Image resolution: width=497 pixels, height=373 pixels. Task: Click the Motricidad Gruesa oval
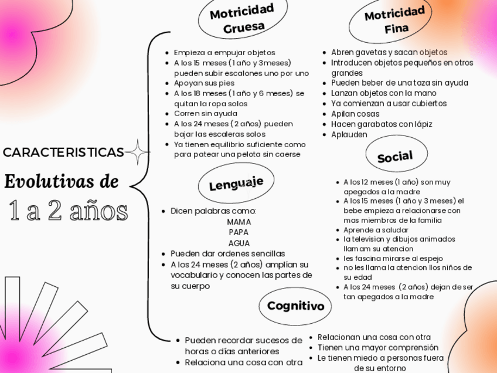241,18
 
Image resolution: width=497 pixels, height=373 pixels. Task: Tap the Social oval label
394,157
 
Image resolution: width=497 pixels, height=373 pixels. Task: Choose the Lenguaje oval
236,185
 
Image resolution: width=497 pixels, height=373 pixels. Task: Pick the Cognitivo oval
295,306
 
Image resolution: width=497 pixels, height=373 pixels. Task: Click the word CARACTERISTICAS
63,152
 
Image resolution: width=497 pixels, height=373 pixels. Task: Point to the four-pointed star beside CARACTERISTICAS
138,153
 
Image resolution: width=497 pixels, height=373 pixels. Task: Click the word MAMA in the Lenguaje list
239,222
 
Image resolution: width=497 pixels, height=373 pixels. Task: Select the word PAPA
239,232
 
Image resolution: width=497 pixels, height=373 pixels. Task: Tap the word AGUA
239,243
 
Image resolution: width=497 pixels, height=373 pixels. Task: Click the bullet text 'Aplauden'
349,134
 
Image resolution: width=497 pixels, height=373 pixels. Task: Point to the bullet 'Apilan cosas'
355,114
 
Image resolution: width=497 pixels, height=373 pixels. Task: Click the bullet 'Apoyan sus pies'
204,83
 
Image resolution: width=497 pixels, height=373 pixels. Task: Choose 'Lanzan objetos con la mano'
383,93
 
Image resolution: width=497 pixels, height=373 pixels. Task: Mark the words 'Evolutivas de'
61,181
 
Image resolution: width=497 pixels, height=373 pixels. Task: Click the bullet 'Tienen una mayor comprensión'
377,347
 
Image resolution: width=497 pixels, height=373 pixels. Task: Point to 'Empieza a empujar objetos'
224,53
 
